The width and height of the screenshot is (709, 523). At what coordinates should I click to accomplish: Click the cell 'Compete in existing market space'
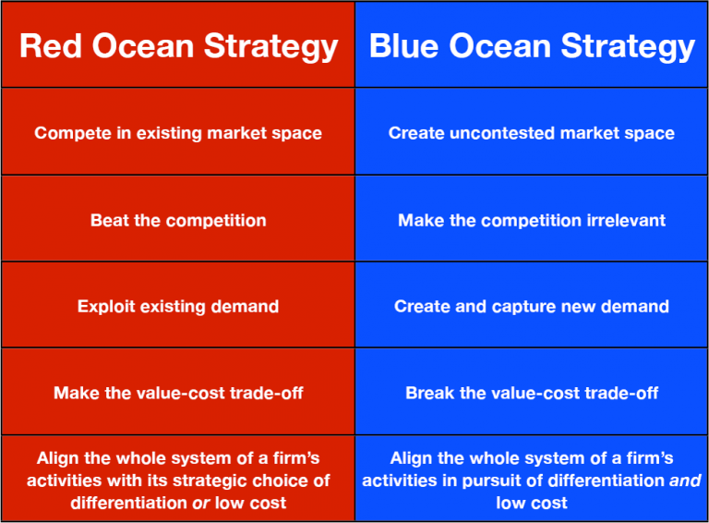point(178,133)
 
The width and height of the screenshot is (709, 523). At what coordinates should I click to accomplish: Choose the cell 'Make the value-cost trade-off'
point(178,393)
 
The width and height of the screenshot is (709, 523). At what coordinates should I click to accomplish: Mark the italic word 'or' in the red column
point(201,503)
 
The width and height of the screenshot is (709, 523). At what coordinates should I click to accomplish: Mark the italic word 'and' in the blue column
point(685,480)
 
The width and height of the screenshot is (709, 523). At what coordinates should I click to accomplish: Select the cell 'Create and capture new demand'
point(532,306)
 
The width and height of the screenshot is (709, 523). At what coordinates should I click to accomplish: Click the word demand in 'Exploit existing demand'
point(246,306)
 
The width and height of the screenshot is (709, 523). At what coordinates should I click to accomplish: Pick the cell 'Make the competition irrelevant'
point(532,220)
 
